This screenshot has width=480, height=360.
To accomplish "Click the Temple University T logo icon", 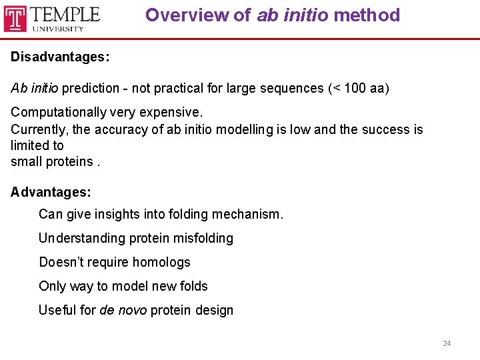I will (15, 19).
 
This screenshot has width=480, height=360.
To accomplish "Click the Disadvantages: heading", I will (60, 57).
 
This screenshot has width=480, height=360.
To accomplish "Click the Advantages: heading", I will (51, 193).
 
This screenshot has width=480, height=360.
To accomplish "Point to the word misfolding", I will (204, 238).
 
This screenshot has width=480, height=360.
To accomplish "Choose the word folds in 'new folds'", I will (192, 286).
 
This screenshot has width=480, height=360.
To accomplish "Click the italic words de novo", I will (123, 310).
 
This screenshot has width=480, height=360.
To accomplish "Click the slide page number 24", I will (447, 343).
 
